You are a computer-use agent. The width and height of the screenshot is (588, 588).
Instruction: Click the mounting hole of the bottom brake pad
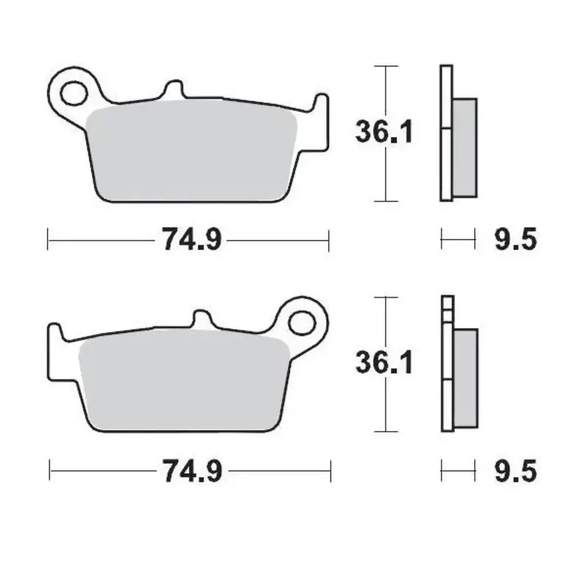coord(301,323)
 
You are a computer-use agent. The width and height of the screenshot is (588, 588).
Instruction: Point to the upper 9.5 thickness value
coord(514,239)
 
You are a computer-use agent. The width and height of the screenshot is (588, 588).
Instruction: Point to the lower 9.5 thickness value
coord(514,470)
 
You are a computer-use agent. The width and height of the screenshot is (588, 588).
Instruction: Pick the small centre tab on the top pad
coord(173,89)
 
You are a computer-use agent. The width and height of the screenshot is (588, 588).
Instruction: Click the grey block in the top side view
coord(465,147)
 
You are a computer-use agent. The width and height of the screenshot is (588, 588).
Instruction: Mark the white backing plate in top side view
coord(445,132)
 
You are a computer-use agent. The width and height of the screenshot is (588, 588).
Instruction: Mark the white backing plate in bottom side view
coord(445,367)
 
